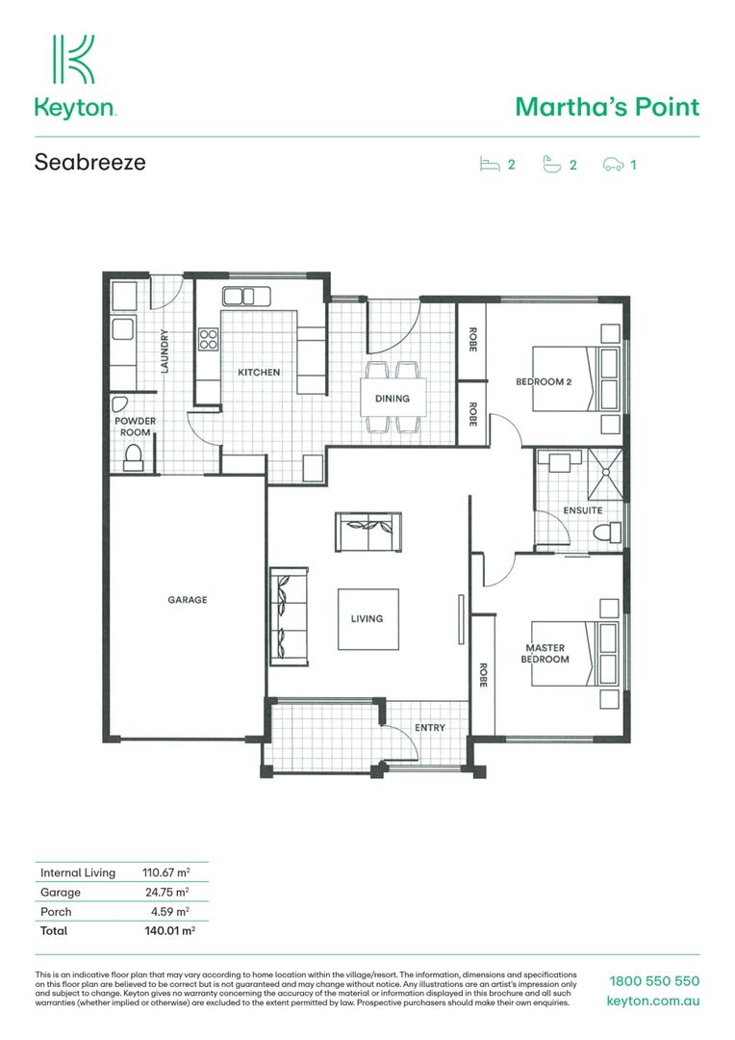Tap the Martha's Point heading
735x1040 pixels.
click(x=607, y=106)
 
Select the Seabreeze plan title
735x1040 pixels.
click(x=90, y=162)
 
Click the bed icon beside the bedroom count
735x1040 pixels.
click(x=490, y=165)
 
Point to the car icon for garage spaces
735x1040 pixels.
click(x=613, y=165)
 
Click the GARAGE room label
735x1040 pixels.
click(x=188, y=600)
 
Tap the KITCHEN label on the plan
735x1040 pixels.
click(x=260, y=372)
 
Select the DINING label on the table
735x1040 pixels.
click(x=393, y=398)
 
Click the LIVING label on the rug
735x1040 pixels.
click(x=367, y=618)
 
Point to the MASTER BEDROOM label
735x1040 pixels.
click(x=545, y=654)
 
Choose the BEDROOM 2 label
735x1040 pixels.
click(x=544, y=381)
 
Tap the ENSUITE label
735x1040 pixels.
click(x=583, y=510)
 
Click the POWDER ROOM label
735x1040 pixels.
click(x=136, y=427)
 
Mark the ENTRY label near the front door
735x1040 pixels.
click(x=430, y=728)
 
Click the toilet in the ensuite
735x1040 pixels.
click(x=607, y=532)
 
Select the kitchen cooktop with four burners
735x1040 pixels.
click(x=208, y=339)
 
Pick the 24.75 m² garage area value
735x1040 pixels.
click(x=165, y=892)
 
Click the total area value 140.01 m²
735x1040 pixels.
click(x=169, y=931)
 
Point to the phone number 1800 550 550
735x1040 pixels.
click(x=654, y=981)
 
